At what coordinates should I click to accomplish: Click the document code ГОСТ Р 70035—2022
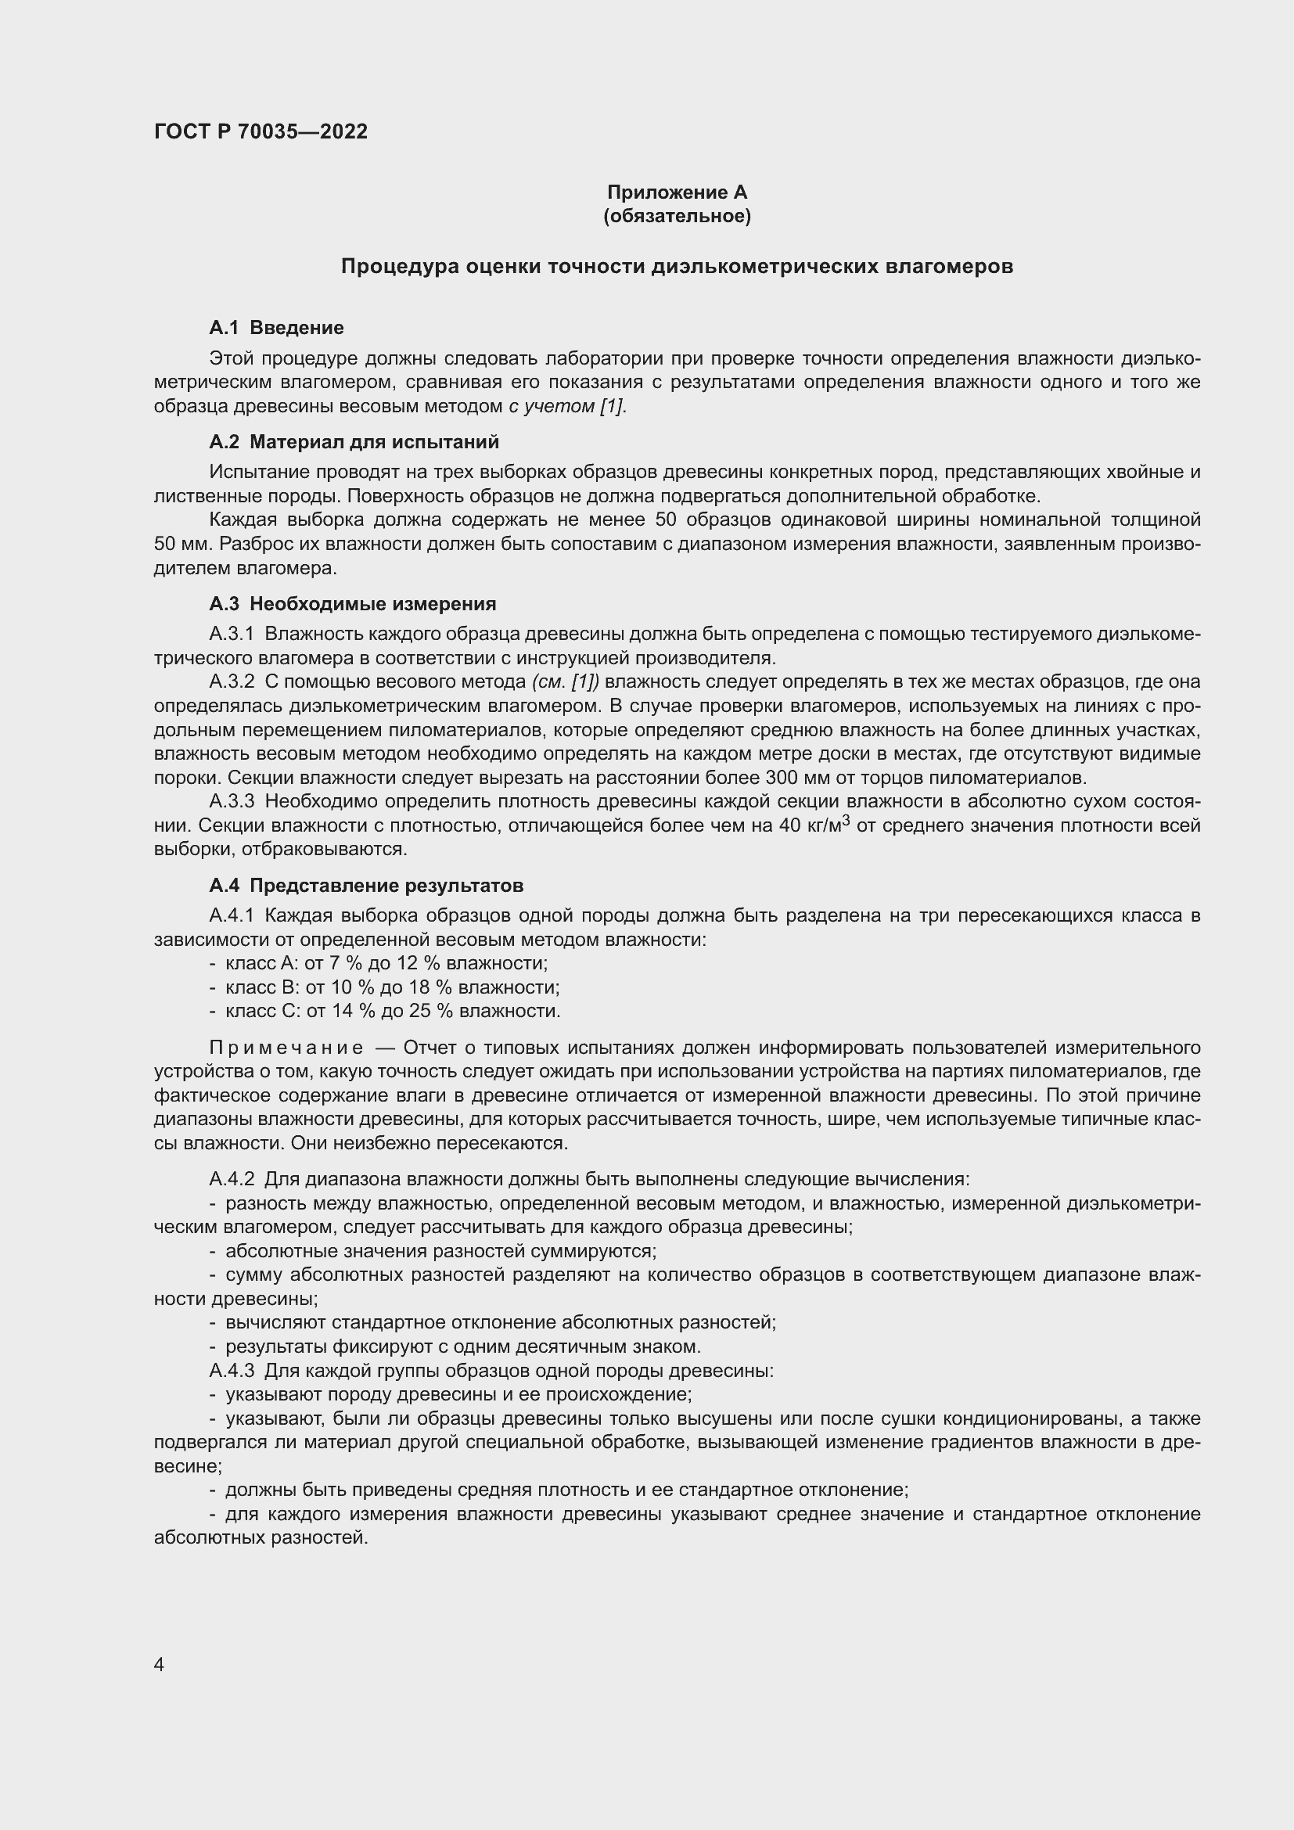coord(261,131)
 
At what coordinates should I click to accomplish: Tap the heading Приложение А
coord(677,192)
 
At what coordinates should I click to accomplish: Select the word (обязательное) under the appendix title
coord(677,216)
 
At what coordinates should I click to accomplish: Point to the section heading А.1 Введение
coord(275,328)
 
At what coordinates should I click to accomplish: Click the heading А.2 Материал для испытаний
coord(354,441)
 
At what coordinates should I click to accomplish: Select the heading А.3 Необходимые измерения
coord(352,603)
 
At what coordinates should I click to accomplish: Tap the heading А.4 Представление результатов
coord(365,885)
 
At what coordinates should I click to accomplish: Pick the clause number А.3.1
coord(231,634)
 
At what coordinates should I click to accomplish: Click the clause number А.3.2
coord(231,681)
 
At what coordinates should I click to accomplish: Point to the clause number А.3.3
coord(231,801)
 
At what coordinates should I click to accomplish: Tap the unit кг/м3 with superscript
coord(829,824)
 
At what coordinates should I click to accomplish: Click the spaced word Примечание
coord(286,1048)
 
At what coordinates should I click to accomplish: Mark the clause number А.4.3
coord(231,1370)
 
